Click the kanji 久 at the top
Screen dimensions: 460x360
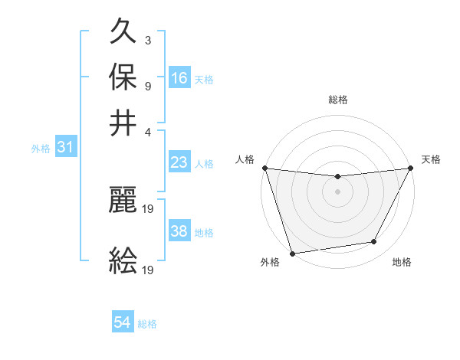tap(123, 34)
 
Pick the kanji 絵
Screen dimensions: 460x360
tap(123, 260)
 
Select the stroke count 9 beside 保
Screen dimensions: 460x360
tap(148, 85)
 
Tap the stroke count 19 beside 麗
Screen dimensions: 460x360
tap(149, 207)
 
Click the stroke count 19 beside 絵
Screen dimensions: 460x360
tap(149, 270)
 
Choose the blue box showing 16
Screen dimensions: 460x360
tap(179, 77)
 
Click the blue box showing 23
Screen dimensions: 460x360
tap(179, 162)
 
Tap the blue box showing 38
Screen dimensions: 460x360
tap(179, 231)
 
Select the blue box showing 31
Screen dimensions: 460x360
tap(65, 147)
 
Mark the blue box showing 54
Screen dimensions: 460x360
tap(123, 322)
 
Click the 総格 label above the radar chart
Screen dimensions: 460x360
tap(338, 100)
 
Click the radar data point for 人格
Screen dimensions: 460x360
tap(264, 168)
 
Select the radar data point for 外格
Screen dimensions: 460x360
tap(292, 254)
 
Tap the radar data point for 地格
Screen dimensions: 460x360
tap(374, 242)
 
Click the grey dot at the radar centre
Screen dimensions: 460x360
tap(337, 191)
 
